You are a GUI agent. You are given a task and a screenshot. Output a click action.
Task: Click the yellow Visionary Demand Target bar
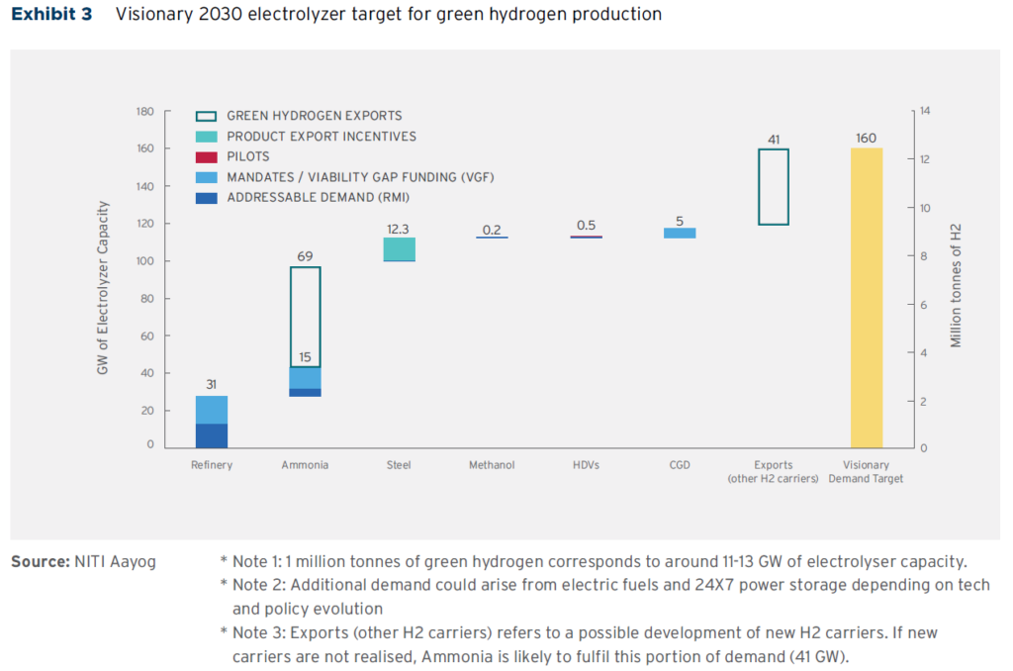coord(866,298)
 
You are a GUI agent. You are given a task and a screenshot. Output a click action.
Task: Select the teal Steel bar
coord(399,249)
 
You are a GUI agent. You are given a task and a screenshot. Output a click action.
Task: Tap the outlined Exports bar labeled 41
coord(773,187)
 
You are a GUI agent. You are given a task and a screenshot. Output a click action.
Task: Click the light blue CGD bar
coord(679,234)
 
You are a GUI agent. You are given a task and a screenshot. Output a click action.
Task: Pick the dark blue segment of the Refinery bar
coord(212,436)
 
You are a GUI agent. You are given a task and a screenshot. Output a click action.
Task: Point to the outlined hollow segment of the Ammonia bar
coord(305,317)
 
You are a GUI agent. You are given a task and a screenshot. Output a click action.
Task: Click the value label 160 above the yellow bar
coord(866,138)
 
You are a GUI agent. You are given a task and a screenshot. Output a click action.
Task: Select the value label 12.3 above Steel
coord(399,229)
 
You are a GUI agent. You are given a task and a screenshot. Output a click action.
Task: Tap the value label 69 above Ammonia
coord(305,257)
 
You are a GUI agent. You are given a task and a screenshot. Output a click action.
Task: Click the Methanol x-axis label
coord(492,465)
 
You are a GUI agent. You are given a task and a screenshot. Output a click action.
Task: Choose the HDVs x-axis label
coord(586,465)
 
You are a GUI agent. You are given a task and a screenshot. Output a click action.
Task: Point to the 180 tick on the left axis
coord(144,112)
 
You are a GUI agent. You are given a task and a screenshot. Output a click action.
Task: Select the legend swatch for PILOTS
coord(207,157)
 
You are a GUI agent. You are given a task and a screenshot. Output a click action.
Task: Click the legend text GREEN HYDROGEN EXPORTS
coord(315,116)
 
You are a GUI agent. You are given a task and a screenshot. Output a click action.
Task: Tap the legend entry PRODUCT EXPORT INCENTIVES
coord(322,137)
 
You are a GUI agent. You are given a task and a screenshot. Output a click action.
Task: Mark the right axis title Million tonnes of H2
coord(956,285)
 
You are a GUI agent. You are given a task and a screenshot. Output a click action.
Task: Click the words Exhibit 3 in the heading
coord(51,15)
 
